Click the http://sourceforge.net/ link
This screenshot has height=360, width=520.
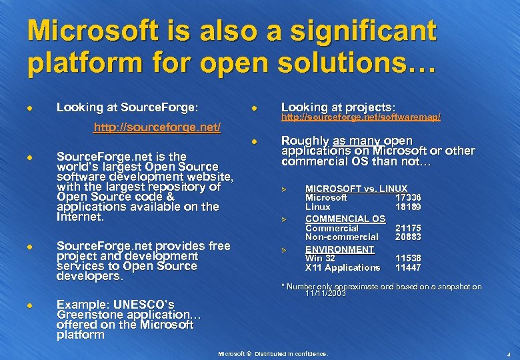157,127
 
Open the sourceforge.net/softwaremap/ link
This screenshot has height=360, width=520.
361,117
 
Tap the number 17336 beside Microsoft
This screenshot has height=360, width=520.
408,198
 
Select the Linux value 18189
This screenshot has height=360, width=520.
408,207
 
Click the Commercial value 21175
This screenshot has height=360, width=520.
408,228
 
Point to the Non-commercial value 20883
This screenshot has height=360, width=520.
408,237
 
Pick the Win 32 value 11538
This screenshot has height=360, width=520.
408,258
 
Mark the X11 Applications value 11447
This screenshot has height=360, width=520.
408,267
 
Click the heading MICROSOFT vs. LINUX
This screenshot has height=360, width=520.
356,189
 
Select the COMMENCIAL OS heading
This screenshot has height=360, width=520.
345,219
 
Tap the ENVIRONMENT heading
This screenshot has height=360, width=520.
339,249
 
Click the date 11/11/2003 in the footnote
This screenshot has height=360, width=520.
326,293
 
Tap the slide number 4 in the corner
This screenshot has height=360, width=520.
508,354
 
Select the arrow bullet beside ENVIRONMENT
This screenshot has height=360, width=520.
283,250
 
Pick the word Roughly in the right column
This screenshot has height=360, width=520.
305,141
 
